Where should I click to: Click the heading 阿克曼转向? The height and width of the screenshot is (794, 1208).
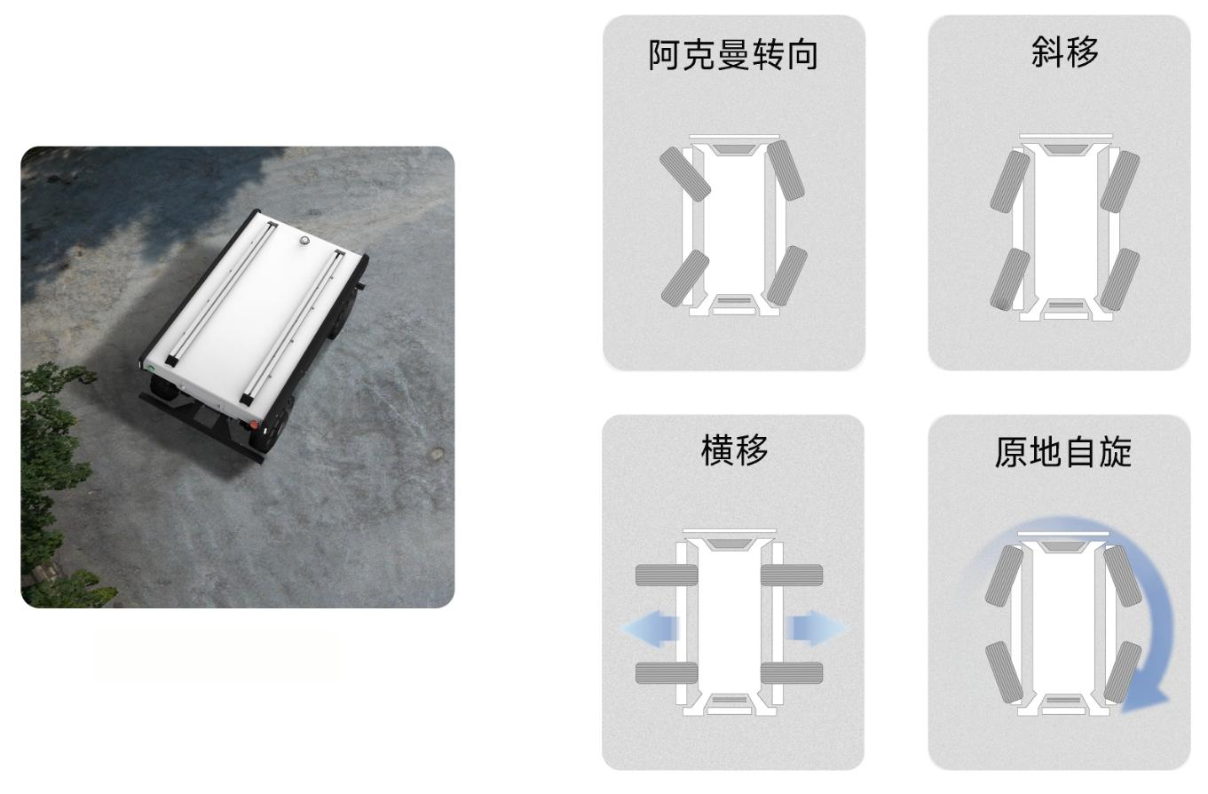733,55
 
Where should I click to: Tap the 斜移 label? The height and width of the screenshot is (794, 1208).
1064,52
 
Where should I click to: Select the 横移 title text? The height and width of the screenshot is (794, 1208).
734,450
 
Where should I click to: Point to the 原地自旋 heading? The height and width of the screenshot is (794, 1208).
1063,452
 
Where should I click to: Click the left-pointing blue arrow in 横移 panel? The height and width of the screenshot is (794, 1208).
651,628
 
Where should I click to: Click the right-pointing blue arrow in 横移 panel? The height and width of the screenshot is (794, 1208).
817,628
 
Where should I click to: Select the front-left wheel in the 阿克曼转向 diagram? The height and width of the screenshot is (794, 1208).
685,174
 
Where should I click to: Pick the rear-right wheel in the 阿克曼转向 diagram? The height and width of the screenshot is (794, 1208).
786,275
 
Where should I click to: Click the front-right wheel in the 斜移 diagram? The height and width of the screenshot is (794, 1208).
1120,181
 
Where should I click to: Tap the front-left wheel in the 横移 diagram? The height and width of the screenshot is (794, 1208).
667,576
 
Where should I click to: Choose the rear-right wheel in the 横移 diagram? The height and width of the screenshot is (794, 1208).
792,672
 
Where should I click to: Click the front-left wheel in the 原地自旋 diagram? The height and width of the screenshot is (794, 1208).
1004,576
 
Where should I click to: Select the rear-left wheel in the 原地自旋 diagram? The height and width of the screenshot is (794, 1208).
1004,672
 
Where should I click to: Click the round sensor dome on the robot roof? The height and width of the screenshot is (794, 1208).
305,241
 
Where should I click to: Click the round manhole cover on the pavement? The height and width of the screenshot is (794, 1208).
435,454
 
